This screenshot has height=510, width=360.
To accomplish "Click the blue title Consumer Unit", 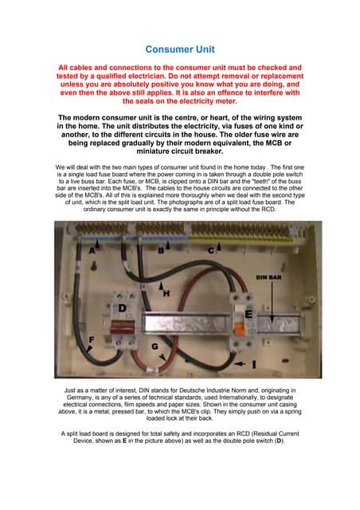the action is tap(180, 49).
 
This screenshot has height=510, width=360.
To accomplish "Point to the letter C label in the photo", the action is tap(211, 250).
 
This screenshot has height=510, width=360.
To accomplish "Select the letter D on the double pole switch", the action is tap(123, 308).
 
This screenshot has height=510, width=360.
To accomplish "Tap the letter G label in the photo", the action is tap(155, 347).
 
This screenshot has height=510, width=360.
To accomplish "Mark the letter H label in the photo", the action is tap(166, 293).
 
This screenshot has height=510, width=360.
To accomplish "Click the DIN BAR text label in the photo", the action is tap(270, 277).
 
